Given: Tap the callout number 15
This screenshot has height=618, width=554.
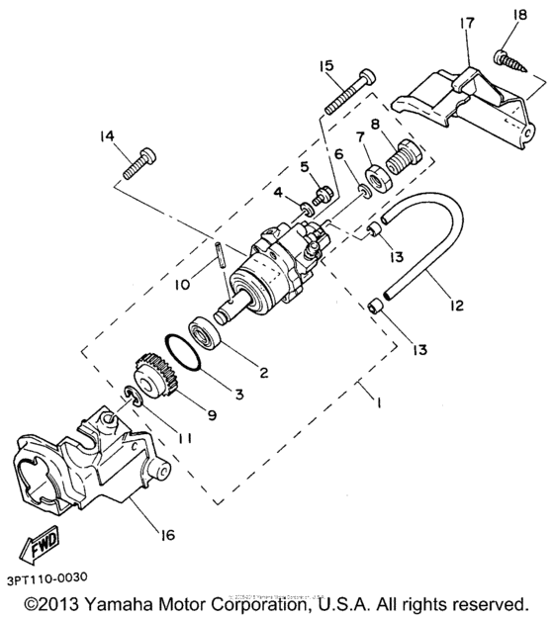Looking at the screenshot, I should point(326,67).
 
